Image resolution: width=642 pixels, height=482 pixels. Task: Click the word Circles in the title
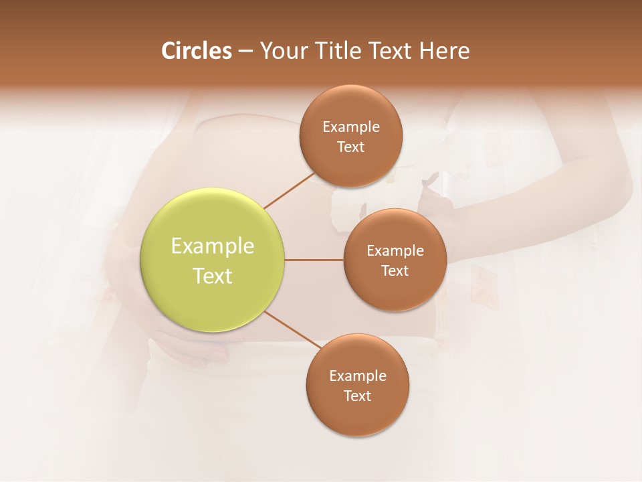197,51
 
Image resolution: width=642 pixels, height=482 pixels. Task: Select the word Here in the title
444,51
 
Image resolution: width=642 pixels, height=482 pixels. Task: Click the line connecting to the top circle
289,190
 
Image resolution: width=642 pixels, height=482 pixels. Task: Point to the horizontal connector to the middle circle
314,260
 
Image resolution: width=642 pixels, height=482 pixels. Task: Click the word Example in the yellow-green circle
213,246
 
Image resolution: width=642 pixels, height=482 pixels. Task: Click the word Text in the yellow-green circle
213,276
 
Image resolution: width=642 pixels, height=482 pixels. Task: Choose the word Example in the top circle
351,127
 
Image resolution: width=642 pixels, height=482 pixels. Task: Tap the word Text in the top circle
351,147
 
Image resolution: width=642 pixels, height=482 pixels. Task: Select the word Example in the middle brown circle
395,251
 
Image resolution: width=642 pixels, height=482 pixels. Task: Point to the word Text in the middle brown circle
395,270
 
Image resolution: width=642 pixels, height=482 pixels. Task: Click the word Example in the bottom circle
358,376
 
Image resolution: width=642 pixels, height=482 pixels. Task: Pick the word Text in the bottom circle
358,396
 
